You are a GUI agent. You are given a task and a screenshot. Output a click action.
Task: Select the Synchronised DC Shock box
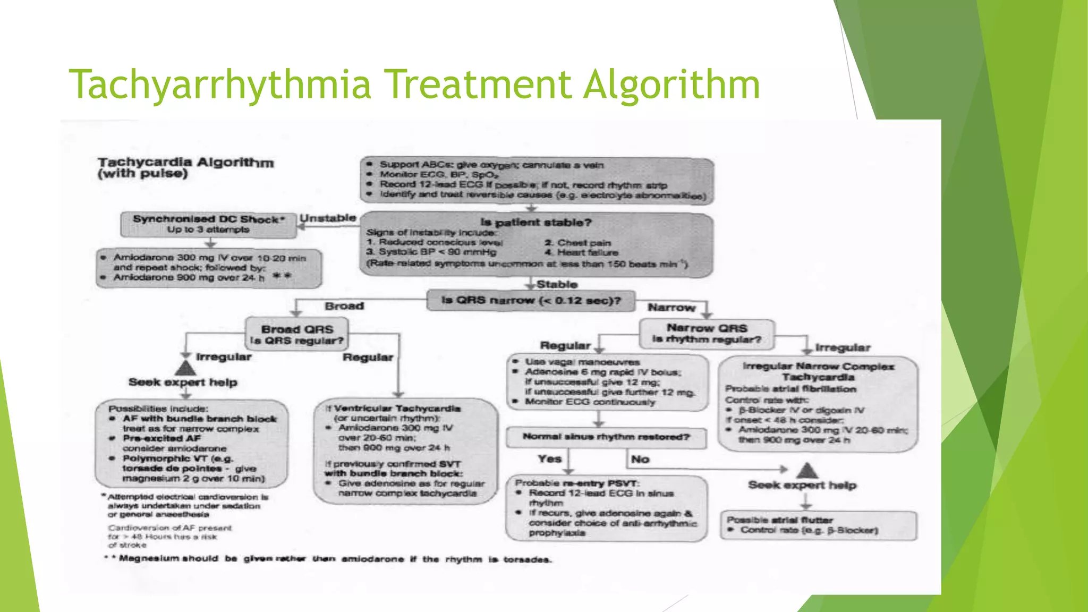pyautogui.click(x=208, y=224)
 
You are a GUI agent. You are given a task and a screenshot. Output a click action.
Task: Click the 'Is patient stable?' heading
pyautogui.click(x=535, y=223)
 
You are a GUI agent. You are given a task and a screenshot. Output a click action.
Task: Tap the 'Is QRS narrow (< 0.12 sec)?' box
pyautogui.click(x=531, y=301)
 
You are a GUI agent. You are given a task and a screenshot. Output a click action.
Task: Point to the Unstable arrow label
pyautogui.click(x=328, y=218)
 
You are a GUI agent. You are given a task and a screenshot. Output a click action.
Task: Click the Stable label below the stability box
pyautogui.click(x=556, y=284)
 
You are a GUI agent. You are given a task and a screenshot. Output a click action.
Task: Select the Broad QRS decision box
pyautogui.click(x=297, y=334)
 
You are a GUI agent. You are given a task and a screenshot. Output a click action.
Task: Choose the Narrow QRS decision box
pyautogui.click(x=707, y=334)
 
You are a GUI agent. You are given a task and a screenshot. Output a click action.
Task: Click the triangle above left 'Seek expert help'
pyautogui.click(x=185, y=368)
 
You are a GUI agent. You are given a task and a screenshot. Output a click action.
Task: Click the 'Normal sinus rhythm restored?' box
pyautogui.click(x=606, y=437)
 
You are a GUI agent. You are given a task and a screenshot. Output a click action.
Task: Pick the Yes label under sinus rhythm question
pyautogui.click(x=549, y=458)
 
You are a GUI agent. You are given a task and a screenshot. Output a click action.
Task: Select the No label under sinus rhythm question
pyautogui.click(x=640, y=459)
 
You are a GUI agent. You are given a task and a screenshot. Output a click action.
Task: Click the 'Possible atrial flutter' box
pyautogui.click(x=818, y=525)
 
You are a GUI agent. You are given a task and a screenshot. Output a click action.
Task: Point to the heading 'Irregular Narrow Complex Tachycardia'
pyautogui.click(x=818, y=371)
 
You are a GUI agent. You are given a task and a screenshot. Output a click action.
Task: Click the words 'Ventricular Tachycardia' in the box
pyautogui.click(x=397, y=409)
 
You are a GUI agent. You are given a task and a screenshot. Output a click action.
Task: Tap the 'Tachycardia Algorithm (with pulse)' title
pyautogui.click(x=185, y=168)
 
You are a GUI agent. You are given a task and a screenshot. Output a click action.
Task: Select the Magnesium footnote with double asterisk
pyautogui.click(x=328, y=559)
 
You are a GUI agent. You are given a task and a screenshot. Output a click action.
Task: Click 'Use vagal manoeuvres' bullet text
pyautogui.click(x=582, y=362)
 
